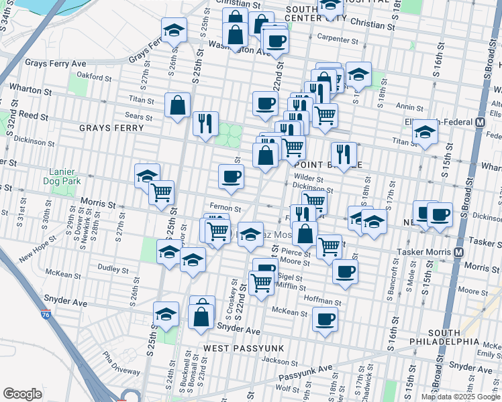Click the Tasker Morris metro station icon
point(460,252)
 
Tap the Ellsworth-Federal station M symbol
point(480,123)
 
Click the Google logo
point(22,394)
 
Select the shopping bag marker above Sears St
point(177,105)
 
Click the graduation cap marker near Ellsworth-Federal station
point(425,131)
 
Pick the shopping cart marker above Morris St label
point(162,192)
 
